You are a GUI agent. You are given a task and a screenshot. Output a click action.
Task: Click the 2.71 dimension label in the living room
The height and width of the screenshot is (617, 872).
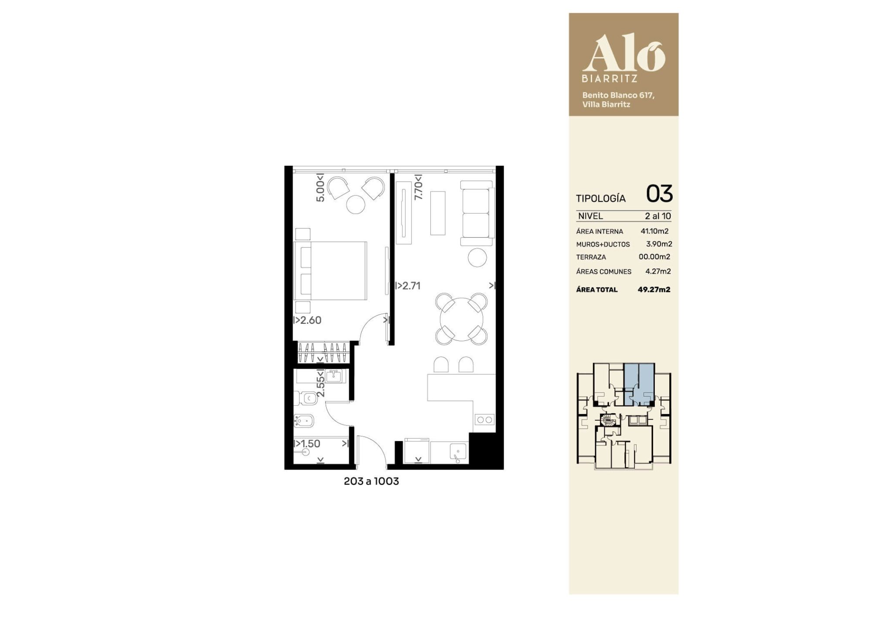point(408,286)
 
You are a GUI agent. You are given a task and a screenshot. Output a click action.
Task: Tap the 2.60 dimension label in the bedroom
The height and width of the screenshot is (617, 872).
point(308,320)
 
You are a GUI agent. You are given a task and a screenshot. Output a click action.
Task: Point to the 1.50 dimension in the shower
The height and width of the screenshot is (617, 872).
point(307,444)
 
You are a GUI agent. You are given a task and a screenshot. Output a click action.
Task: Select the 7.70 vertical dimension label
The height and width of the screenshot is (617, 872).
point(419,187)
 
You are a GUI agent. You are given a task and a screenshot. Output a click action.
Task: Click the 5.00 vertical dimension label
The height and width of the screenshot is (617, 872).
point(320,188)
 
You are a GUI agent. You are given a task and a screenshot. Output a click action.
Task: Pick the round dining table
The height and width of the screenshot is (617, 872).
point(462,319)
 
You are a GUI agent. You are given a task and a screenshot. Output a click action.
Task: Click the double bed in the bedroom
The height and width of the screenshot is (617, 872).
point(330,271)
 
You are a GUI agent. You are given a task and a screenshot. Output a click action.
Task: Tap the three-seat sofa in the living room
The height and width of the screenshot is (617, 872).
point(477,213)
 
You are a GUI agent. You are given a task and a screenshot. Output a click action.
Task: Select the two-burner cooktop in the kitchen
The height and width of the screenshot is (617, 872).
point(484,420)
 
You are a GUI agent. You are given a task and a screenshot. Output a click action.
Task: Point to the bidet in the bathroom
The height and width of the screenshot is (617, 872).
point(303,421)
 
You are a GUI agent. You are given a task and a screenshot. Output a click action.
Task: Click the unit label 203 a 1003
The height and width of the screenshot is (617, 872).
point(371,481)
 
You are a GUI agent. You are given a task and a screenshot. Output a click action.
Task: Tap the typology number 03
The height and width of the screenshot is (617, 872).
point(659,194)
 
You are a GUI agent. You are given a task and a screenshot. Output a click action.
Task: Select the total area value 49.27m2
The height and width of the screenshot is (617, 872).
point(654,289)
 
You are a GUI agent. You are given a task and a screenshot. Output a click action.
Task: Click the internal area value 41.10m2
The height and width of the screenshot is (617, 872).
point(654,231)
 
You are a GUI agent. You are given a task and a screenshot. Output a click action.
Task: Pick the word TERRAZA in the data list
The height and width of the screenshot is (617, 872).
point(591,257)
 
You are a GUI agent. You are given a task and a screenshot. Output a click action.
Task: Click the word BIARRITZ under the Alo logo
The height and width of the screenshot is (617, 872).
point(610,79)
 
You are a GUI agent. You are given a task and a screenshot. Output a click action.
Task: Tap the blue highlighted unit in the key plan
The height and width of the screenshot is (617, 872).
point(639,384)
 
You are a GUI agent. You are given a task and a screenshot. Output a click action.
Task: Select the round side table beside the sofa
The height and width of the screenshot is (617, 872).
point(477,257)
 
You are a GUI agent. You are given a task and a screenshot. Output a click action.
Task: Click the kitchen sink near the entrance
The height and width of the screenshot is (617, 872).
point(458,452)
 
